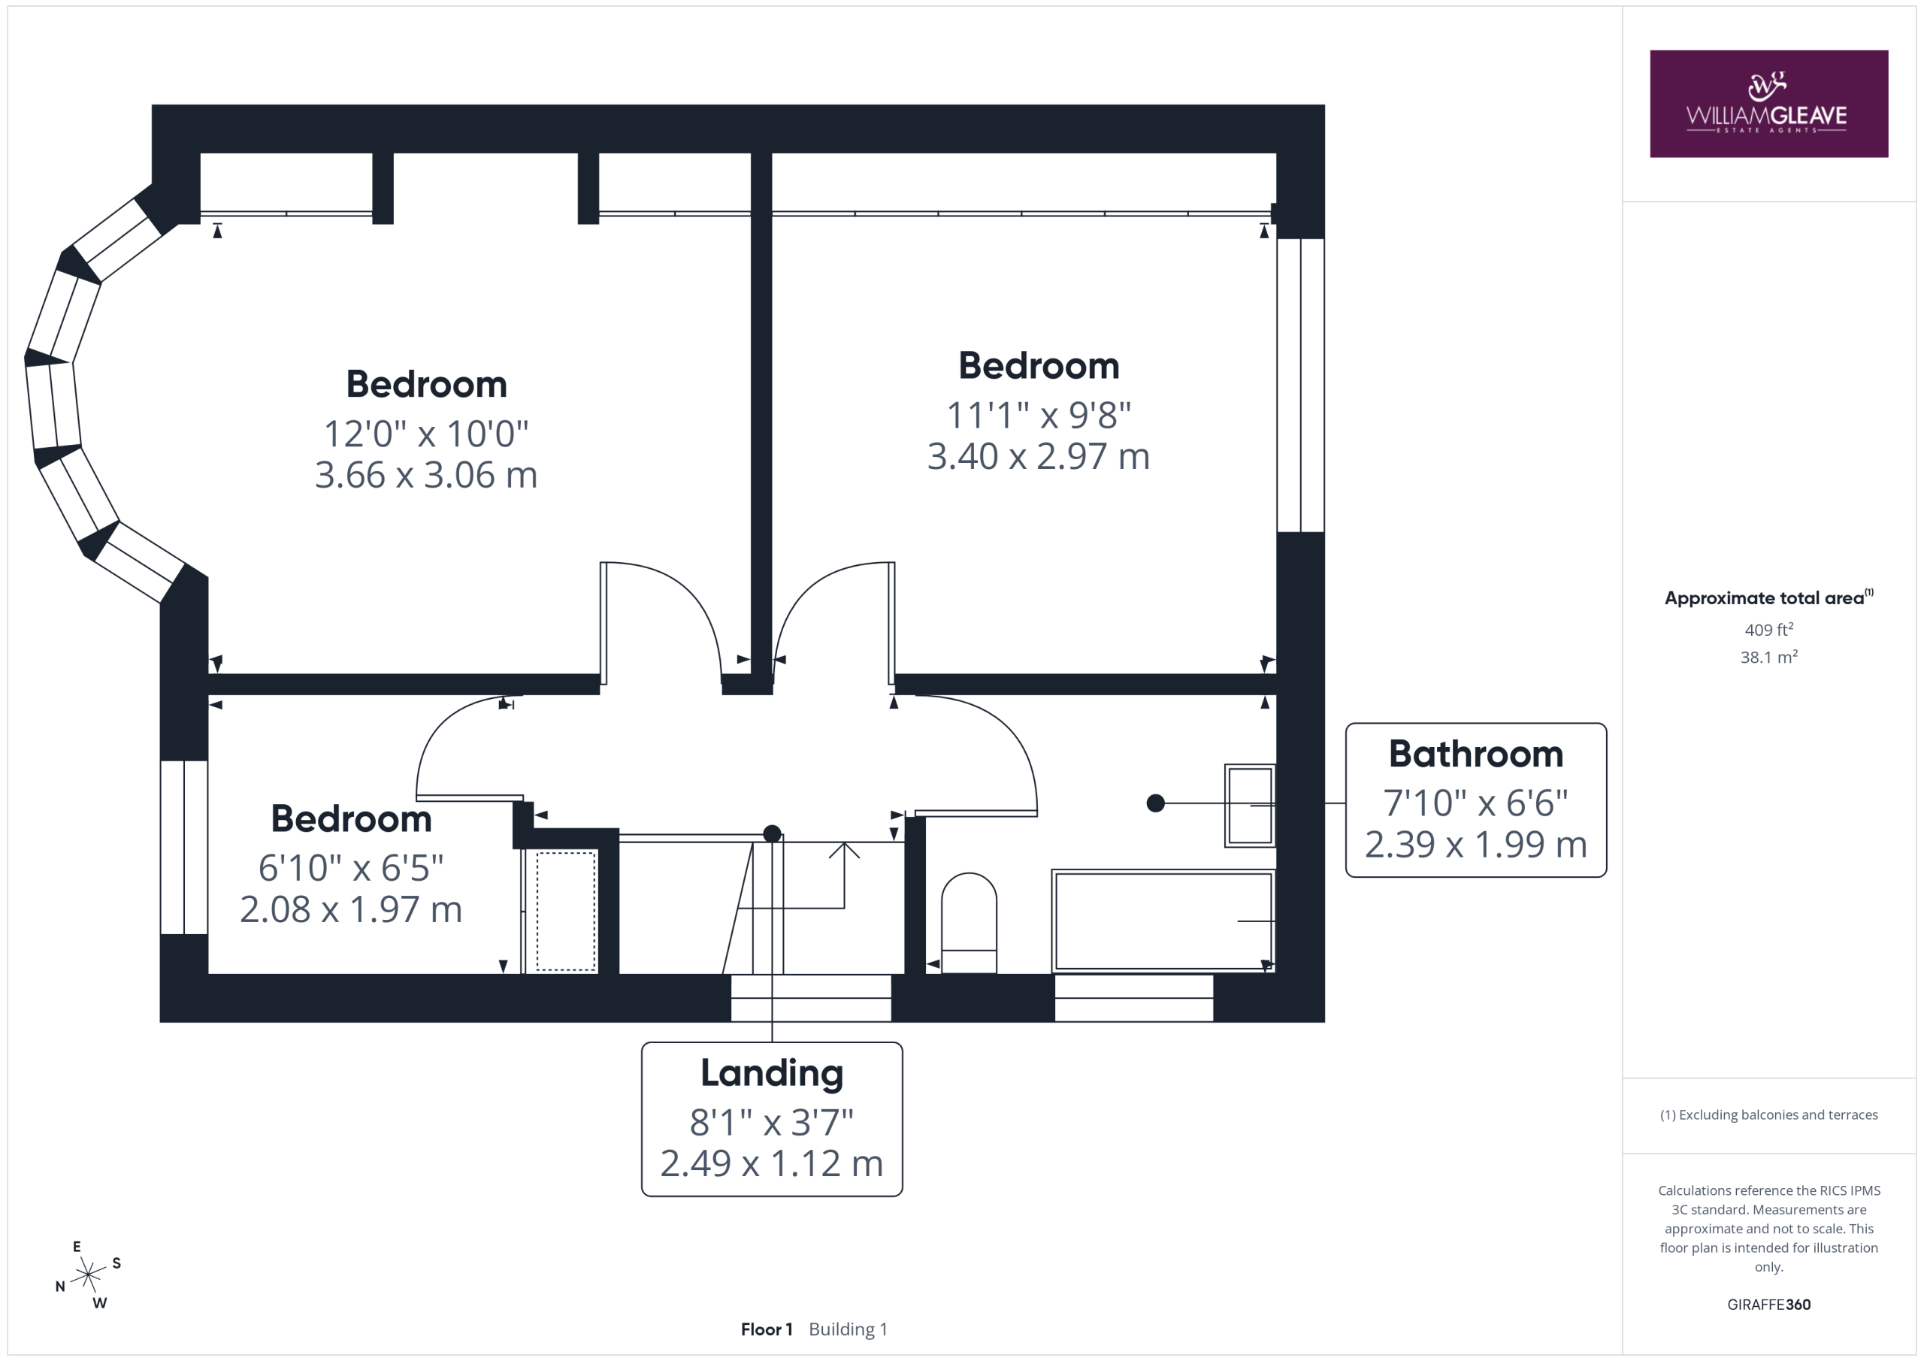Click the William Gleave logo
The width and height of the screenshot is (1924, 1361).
(x=1768, y=104)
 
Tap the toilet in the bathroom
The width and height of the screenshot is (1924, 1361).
(x=969, y=923)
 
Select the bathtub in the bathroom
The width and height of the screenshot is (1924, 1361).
(x=1163, y=921)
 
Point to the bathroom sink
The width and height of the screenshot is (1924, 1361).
(x=1249, y=806)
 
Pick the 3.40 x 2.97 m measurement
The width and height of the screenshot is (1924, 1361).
(x=1038, y=457)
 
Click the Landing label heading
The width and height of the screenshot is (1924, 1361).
(x=772, y=1074)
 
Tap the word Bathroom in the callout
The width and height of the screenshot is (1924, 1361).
(x=1475, y=755)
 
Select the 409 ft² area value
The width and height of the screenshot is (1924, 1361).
(x=1769, y=629)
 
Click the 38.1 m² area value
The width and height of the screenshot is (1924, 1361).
(x=1769, y=657)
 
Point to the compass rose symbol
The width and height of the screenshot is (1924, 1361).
(x=87, y=1275)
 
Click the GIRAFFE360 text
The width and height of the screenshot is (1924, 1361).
(x=1769, y=1305)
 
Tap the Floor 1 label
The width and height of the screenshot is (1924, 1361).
(x=767, y=1329)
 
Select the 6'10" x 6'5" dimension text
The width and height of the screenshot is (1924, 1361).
(x=350, y=868)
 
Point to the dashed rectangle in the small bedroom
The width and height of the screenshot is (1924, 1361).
(x=567, y=911)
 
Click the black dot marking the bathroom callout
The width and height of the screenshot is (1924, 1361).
(x=1156, y=803)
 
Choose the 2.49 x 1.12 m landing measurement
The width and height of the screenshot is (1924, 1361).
(x=772, y=1164)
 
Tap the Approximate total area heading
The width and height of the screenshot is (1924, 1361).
(x=1768, y=597)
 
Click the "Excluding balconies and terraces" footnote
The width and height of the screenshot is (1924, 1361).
(x=1769, y=1115)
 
